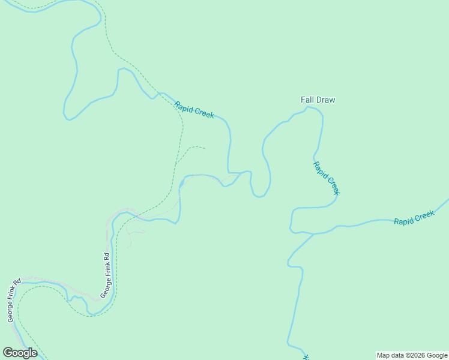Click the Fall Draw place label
(x=318, y=100)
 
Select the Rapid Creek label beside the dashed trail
(x=194, y=110)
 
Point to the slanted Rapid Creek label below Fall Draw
(x=327, y=178)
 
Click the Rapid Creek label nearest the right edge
(x=414, y=218)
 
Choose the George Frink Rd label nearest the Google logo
(x=14, y=301)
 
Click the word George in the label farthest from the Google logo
(x=104, y=288)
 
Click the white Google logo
(x=20, y=353)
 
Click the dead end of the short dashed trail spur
(x=205, y=148)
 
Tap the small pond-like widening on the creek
(x=182, y=182)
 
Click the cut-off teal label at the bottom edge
(x=306, y=356)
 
